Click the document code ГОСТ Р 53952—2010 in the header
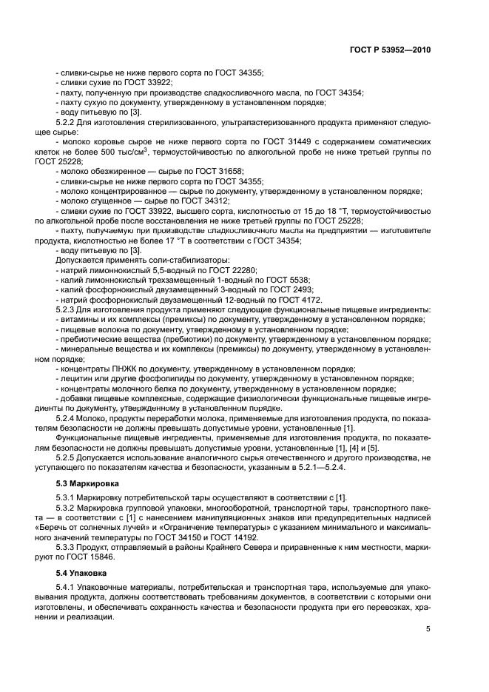389,49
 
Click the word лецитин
76,378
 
